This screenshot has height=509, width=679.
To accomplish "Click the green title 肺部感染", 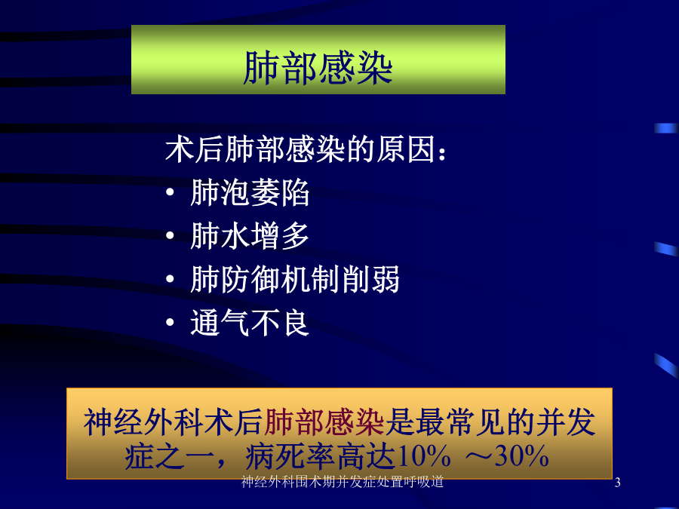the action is click(x=318, y=68).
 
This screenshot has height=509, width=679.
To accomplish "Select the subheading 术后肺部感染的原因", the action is click(x=300, y=150).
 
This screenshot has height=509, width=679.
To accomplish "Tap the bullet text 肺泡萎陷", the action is click(x=250, y=192).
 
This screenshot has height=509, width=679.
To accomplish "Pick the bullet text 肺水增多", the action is click(x=250, y=236).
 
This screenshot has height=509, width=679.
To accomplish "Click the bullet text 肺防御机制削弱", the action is click(x=295, y=280).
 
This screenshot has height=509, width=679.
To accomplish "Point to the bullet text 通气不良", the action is click(x=250, y=323).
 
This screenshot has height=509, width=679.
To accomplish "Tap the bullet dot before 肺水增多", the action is click(x=171, y=235).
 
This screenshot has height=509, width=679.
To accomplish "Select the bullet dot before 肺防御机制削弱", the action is click(x=171, y=279).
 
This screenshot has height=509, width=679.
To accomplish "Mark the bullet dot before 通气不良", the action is click(x=171, y=323).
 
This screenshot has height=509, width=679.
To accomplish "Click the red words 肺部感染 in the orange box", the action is click(x=324, y=422).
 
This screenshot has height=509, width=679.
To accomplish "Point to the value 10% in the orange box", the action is click(x=423, y=456).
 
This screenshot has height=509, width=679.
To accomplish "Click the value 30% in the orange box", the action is click(x=522, y=456).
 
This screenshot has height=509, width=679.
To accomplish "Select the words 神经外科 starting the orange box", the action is click(x=143, y=422).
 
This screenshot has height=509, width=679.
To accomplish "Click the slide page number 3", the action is click(x=617, y=482).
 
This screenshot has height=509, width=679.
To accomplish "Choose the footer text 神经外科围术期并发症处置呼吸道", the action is click(x=343, y=482).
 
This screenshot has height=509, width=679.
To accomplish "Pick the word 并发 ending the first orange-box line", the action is click(x=566, y=422).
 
